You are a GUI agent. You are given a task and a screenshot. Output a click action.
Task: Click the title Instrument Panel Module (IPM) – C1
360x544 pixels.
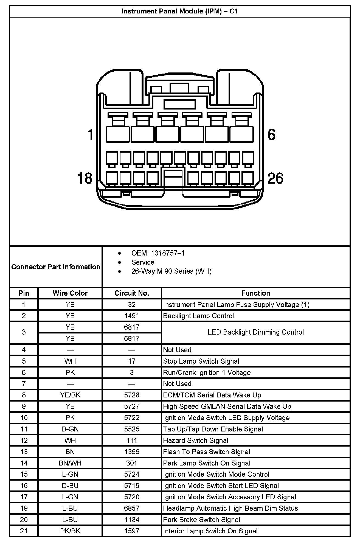tap(180, 11)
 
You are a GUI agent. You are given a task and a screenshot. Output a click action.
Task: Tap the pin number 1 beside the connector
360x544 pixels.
tap(90, 135)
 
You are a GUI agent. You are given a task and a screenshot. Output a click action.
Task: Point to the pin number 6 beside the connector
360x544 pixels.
tap(271, 135)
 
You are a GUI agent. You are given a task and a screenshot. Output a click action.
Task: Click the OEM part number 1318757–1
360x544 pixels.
tap(158, 253)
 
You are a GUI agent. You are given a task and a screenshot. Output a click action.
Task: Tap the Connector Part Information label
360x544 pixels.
tap(56, 267)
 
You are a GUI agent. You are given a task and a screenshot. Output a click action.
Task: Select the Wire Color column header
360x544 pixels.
tap(70, 293)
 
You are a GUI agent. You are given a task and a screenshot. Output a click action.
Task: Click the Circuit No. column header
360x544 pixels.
tap(132, 293)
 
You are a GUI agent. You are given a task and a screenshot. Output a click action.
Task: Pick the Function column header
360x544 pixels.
tap(255, 293)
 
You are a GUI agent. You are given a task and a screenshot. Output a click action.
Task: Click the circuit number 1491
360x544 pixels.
tap(132, 316)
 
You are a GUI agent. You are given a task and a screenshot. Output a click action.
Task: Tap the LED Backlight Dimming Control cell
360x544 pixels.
tap(255, 332)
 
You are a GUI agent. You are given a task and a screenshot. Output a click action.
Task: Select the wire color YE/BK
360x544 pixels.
tap(70, 395)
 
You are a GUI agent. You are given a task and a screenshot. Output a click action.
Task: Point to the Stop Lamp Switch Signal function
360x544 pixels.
tap(201, 361)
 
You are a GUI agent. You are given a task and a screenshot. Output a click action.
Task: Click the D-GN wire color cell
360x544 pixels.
tap(70, 429)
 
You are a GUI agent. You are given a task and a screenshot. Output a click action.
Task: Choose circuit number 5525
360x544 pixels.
tap(132, 429)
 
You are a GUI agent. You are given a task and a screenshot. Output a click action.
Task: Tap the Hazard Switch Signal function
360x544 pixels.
tap(196, 441)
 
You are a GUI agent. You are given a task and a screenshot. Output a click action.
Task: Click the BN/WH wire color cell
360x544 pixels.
tap(70, 463)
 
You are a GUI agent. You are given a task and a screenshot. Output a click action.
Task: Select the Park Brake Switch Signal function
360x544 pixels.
tap(201, 520)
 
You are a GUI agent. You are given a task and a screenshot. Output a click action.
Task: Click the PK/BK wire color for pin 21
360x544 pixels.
tap(70, 531)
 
